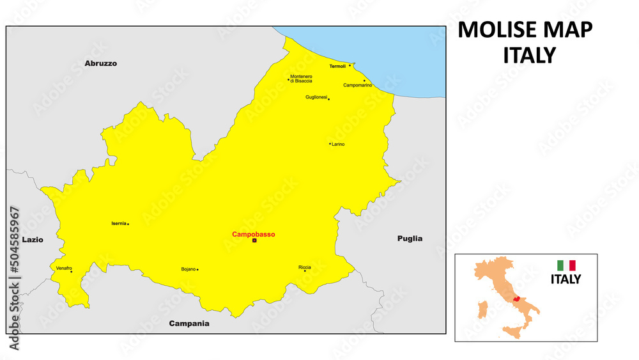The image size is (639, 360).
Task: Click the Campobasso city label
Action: click(254, 235)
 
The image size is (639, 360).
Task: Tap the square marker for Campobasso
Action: click(254, 241)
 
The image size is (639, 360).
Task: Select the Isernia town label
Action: click(118, 223)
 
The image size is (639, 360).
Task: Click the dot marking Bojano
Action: click(197, 270)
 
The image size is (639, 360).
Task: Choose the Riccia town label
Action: click(304, 267)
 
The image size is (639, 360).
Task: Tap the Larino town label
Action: click(338, 145)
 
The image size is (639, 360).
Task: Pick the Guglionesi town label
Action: click(316, 97)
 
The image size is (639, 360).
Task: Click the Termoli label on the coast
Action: click(337, 66)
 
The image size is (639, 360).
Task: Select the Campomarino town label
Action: click(358, 85)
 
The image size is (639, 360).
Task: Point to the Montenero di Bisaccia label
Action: click(301, 79)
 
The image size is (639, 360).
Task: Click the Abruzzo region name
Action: click(101, 63)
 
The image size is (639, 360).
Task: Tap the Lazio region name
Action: click(33, 240)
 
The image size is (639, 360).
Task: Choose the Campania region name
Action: click(189, 324)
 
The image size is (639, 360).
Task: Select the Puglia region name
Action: click(410, 239)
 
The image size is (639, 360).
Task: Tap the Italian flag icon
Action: click(566, 265)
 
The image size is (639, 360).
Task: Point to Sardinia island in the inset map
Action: click(484, 311)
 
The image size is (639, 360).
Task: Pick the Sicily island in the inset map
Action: click(509, 332)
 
